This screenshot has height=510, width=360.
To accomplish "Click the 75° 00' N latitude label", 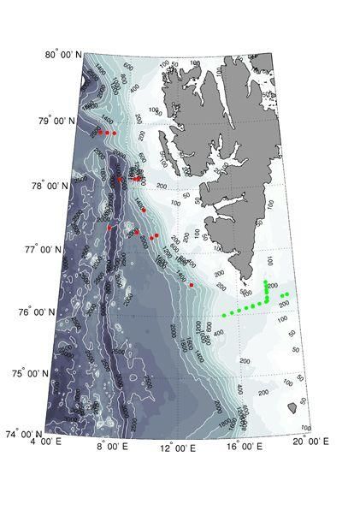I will click(35, 374).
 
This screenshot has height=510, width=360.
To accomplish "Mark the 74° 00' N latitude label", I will click(28, 434).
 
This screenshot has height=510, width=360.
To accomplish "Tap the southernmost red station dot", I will click(192, 284).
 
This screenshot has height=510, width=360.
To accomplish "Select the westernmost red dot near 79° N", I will click(100, 133).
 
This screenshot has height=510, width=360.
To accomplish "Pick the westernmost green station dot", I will click(224, 316).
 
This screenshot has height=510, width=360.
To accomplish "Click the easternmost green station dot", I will click(287, 294).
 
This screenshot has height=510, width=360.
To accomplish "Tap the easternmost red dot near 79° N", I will click(115, 133).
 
